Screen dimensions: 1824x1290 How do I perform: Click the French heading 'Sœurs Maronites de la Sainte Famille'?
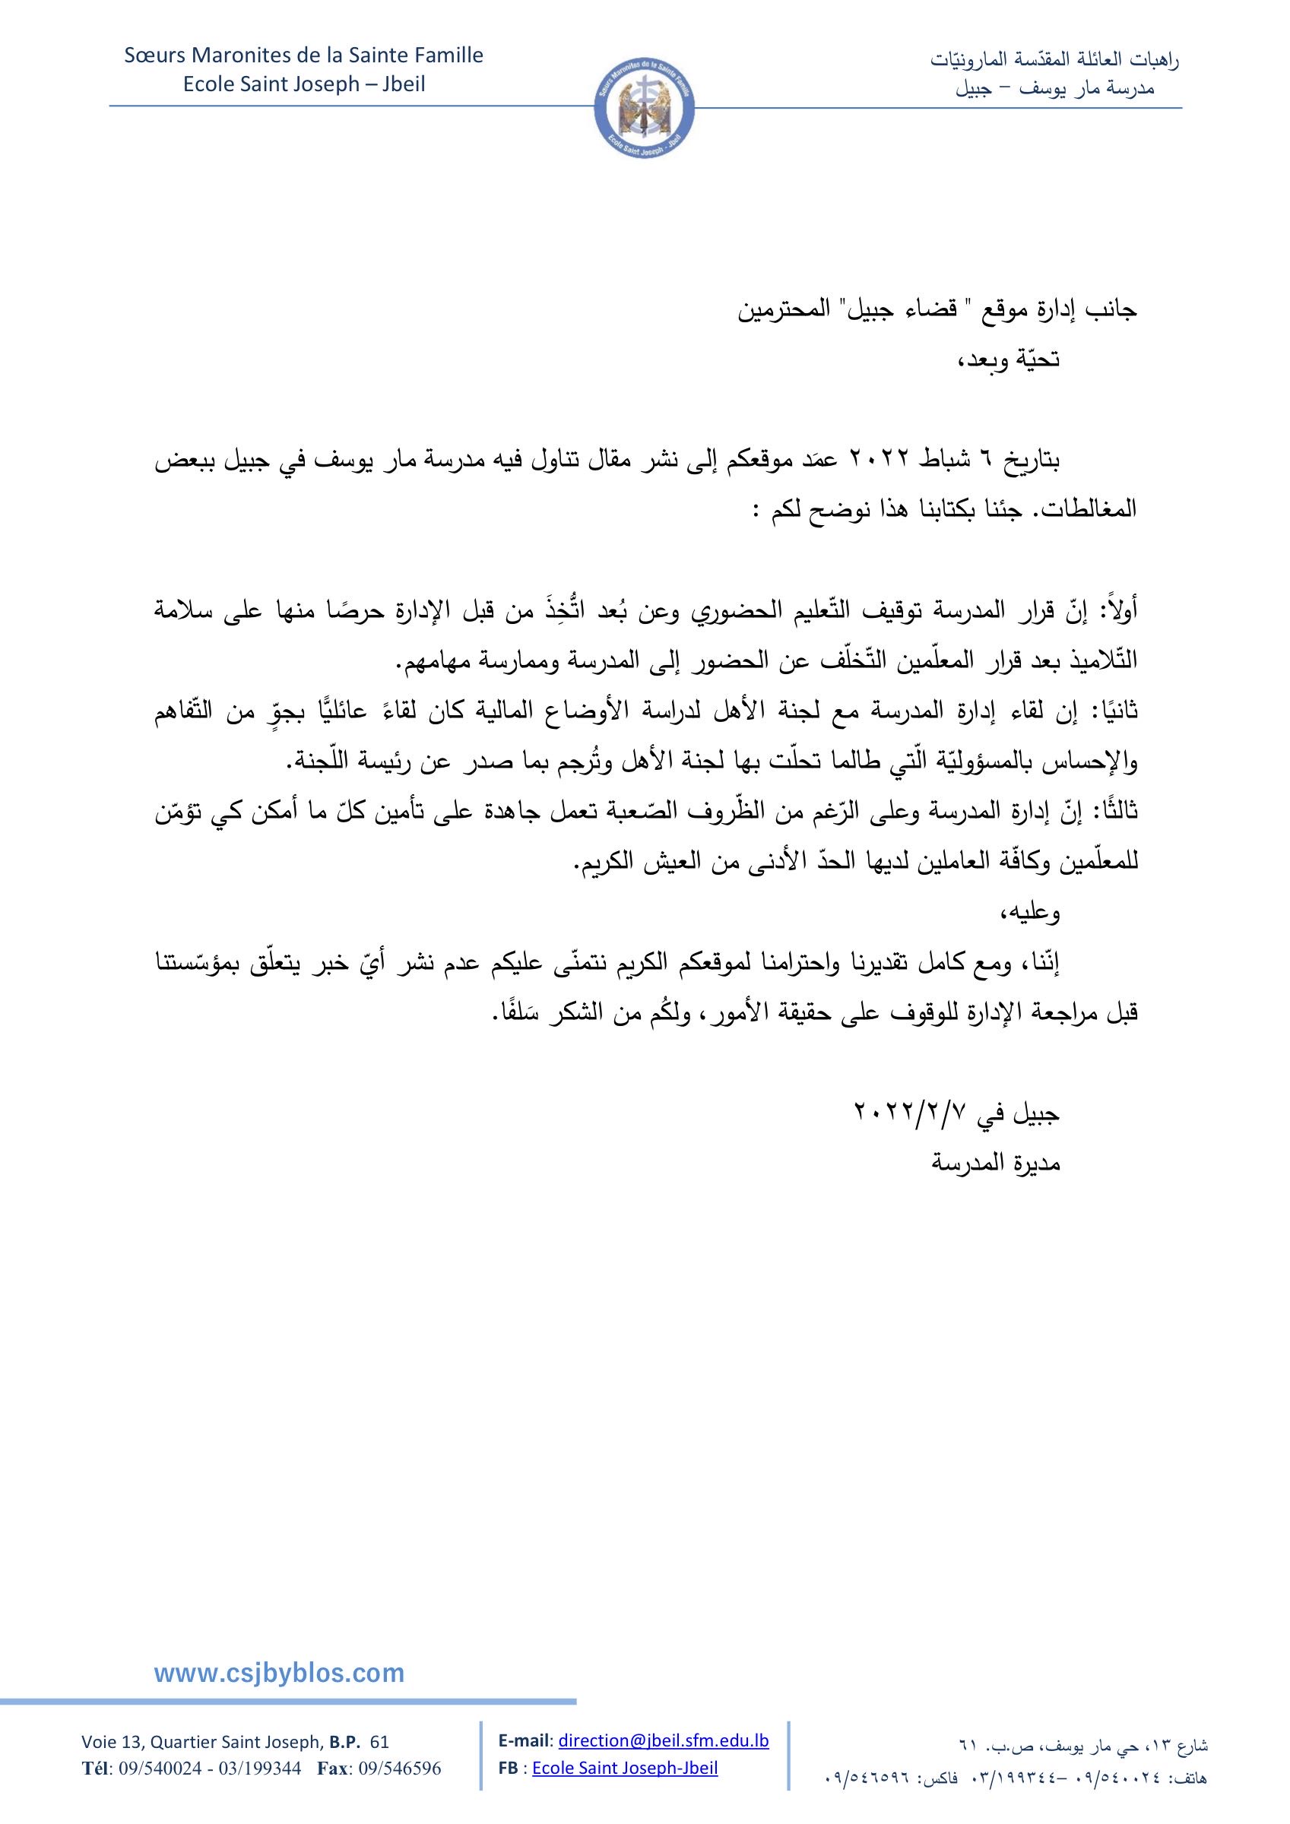(x=303, y=55)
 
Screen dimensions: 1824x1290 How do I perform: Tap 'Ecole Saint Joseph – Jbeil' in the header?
(x=304, y=84)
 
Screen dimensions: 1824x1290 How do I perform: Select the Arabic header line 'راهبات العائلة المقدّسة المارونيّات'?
(x=1055, y=59)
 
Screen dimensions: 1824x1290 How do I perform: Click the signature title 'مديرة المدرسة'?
(x=996, y=1164)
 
